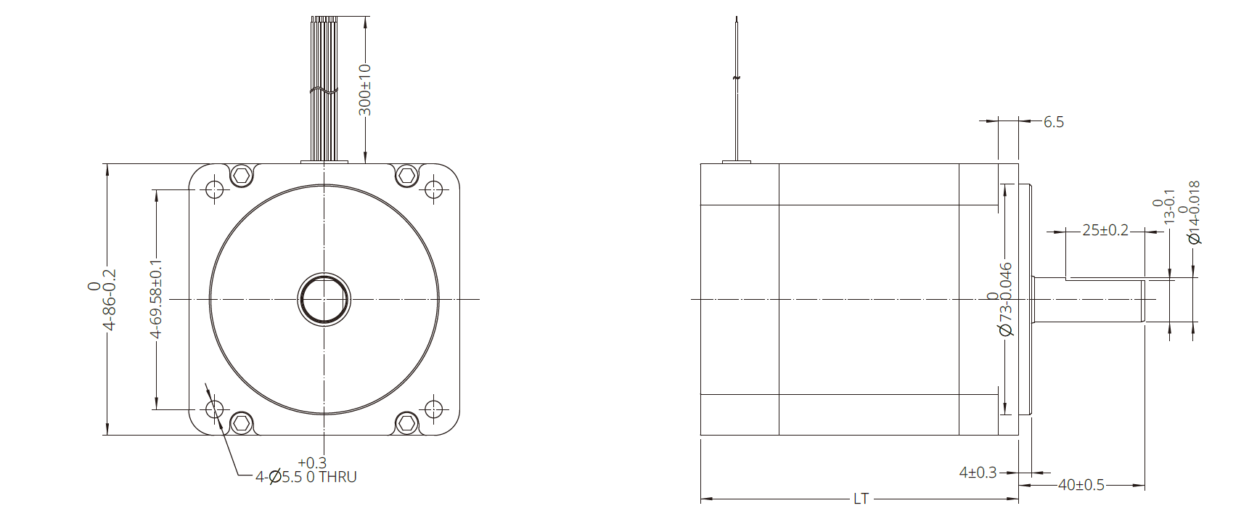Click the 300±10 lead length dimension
365,90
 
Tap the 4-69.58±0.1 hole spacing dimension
156,298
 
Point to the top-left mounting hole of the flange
214,190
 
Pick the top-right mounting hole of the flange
433,190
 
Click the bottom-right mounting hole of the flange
433,409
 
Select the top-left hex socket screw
242,175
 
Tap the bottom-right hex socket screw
407,422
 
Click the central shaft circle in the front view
324,299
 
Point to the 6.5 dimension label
1054,123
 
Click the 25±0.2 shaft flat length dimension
1105,230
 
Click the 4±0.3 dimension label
978,473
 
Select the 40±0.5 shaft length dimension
1081,485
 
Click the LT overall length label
861,499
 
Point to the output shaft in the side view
1089,299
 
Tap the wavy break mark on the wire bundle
324,91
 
